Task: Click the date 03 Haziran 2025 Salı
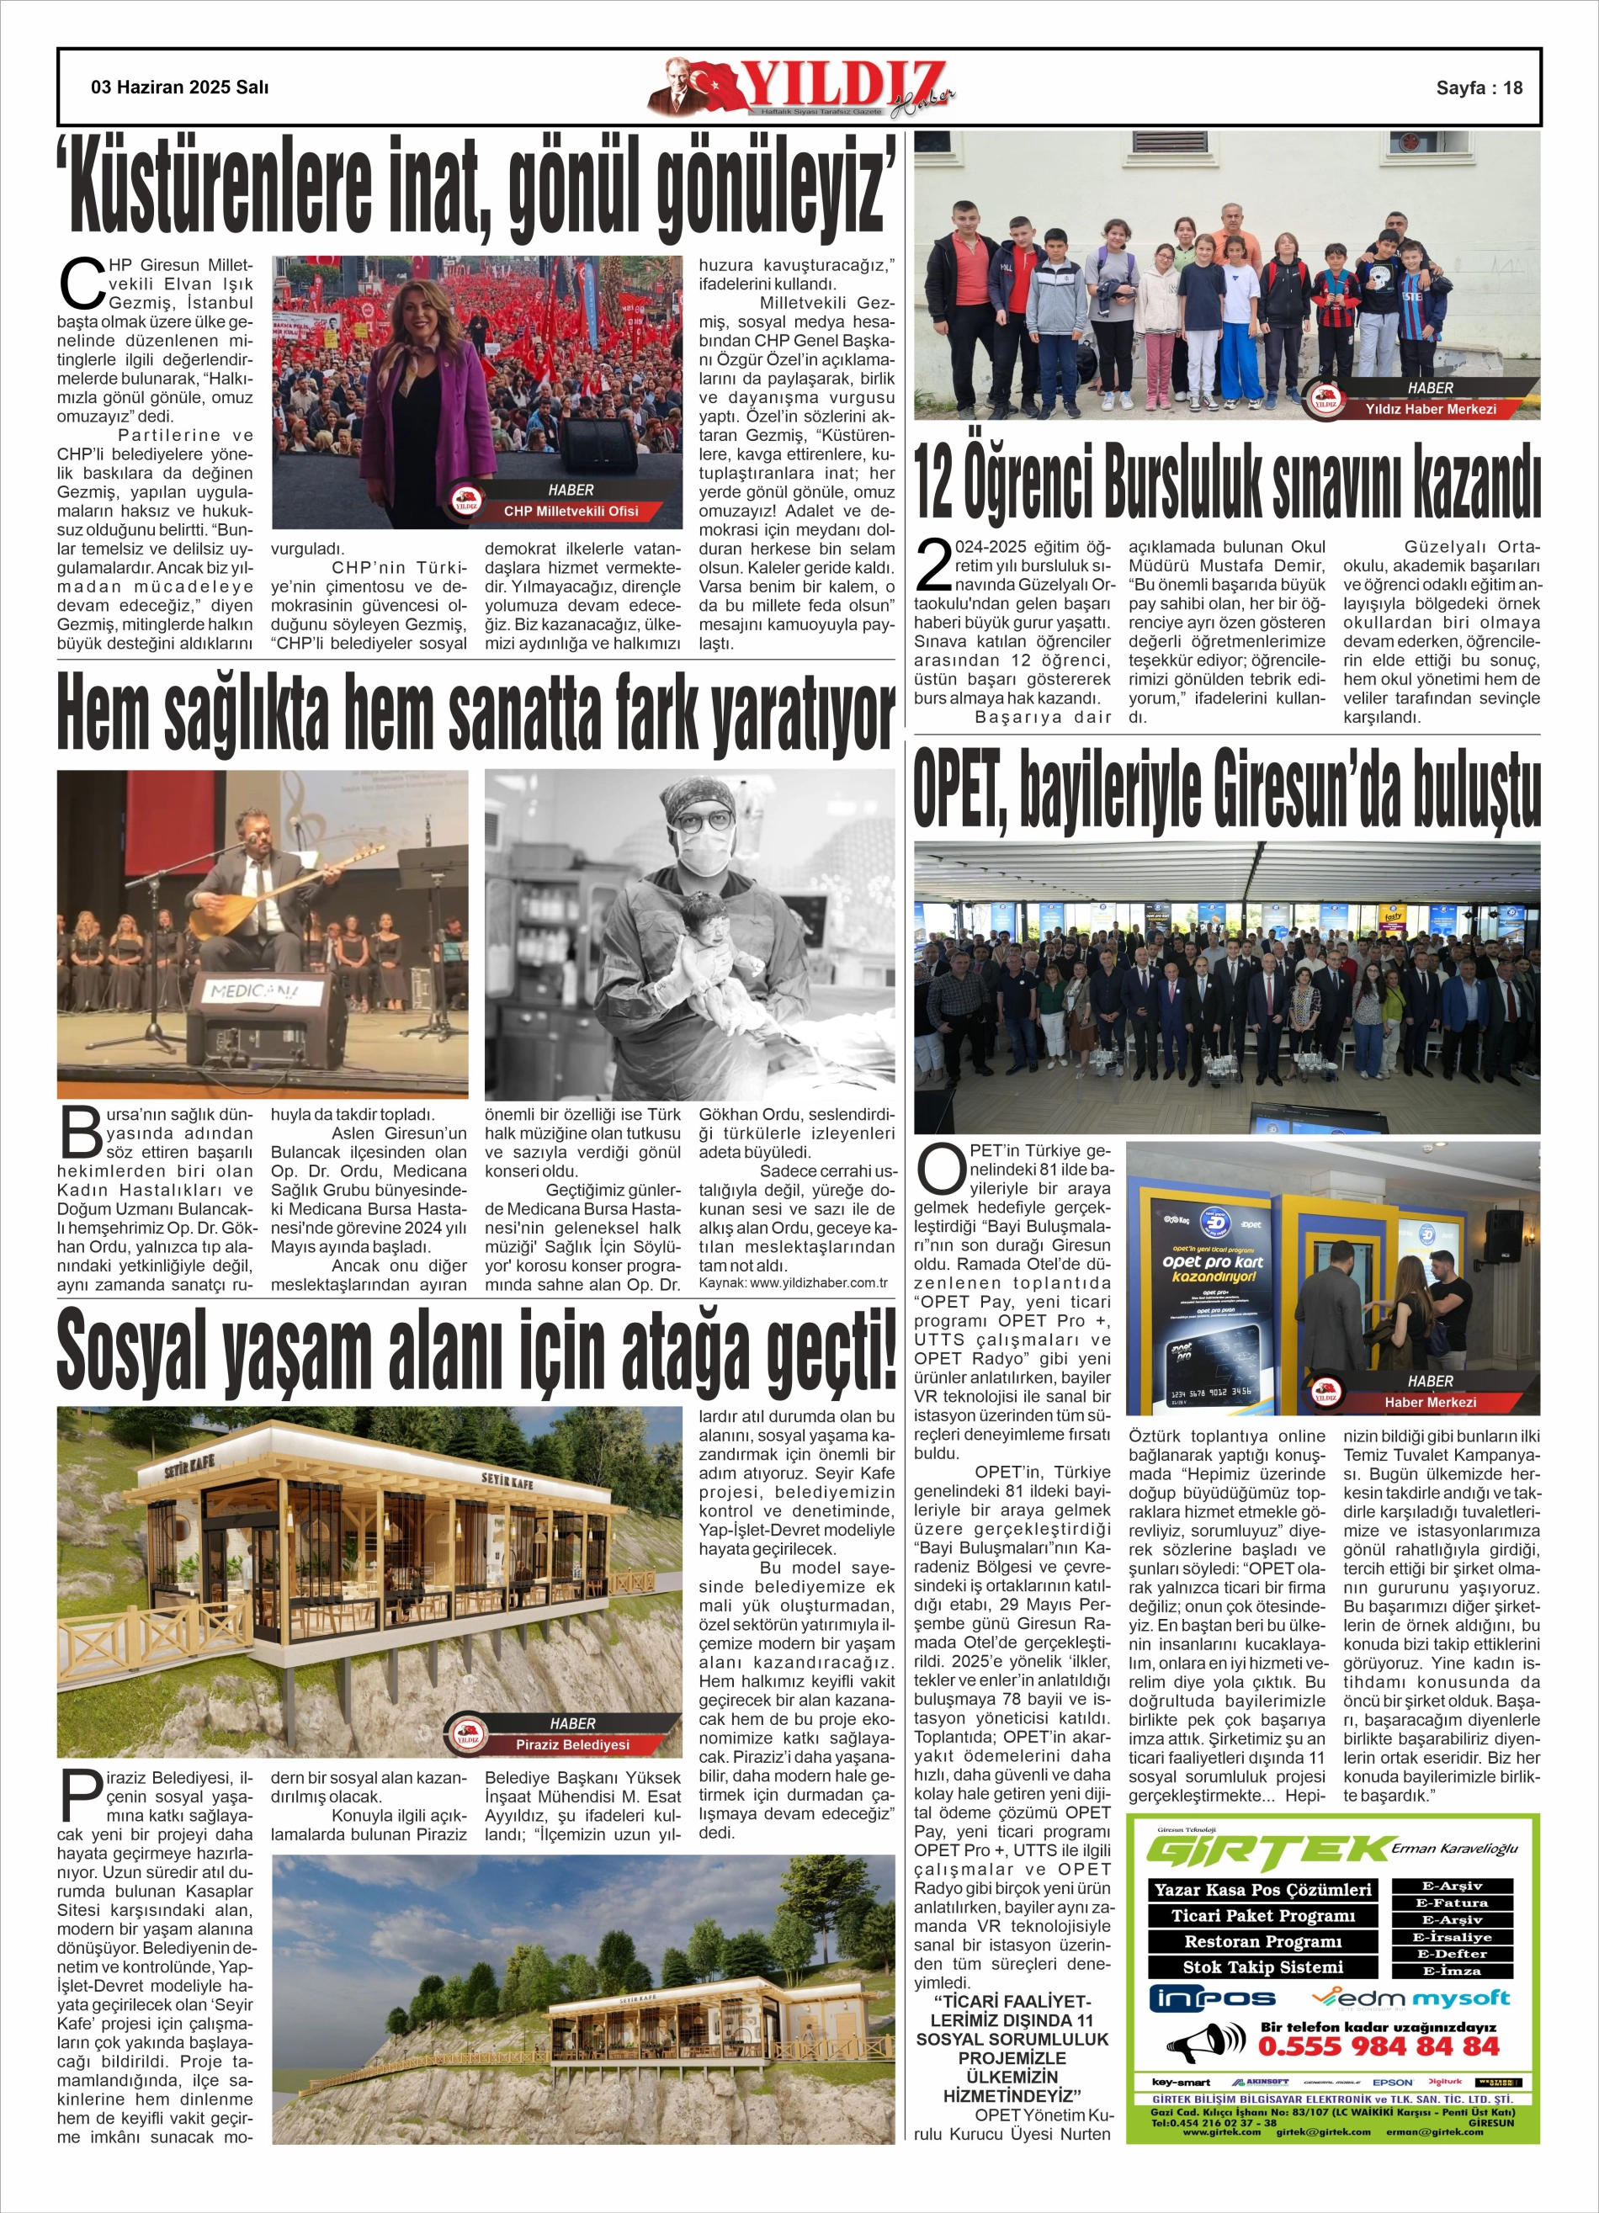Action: [179, 88]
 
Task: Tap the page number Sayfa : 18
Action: [1479, 88]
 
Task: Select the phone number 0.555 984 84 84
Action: [1378, 2046]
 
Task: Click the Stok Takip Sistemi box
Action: [1262, 1967]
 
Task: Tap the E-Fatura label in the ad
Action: [1452, 1903]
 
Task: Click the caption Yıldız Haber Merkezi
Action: [1430, 409]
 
